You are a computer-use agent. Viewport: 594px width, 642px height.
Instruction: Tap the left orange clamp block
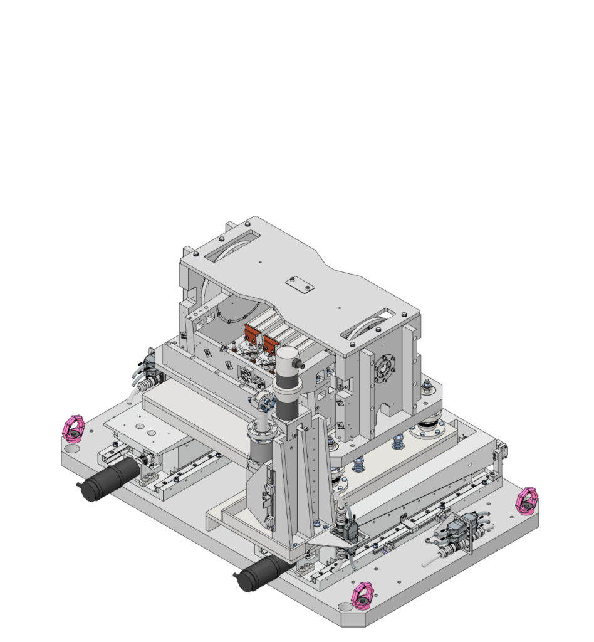click(253, 337)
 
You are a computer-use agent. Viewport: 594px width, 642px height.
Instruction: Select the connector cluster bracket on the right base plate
click(456, 533)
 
